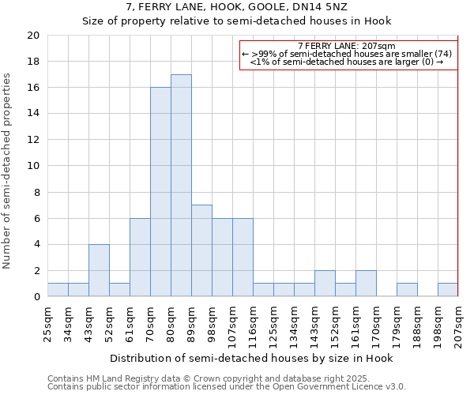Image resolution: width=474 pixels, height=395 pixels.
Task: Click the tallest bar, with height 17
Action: click(181, 186)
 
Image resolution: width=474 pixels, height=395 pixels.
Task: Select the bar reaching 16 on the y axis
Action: click(160, 192)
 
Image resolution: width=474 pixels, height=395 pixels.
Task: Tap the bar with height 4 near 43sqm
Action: click(99, 270)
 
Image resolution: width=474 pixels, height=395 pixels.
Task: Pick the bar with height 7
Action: click(201, 250)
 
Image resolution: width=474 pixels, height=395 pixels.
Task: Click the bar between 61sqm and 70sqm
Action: click(140, 258)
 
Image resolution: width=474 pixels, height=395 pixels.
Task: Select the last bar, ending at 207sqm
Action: click(448, 290)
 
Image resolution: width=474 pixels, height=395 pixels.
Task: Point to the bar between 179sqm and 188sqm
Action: click(407, 290)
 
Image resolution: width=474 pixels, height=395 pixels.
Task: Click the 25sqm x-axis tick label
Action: click(47, 323)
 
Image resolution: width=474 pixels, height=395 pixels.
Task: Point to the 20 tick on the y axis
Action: click(32, 36)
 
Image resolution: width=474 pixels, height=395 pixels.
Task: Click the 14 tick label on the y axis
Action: click(32, 114)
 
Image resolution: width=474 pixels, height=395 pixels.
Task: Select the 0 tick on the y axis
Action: click(36, 297)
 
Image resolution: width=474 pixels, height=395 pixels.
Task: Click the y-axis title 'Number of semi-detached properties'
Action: click(8, 170)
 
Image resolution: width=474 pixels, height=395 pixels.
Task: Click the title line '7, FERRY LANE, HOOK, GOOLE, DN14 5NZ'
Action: click(236, 7)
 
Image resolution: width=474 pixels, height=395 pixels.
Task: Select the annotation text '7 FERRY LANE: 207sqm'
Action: click(348, 46)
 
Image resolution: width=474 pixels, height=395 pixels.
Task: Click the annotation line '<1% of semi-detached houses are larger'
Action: click(348, 62)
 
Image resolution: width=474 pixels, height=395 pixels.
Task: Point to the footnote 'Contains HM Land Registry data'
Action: click(186, 378)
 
